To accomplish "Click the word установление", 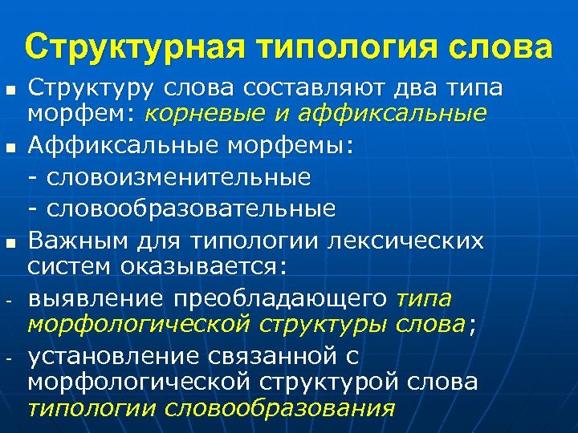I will click(119, 356).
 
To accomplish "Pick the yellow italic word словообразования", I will click(280, 407).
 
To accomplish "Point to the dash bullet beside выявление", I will click(10, 299).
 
